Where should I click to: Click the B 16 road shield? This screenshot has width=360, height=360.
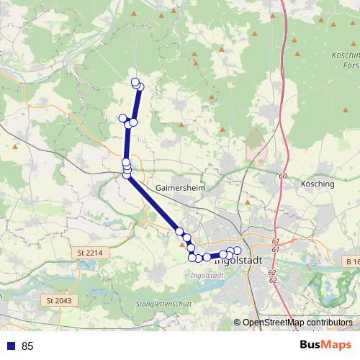[351, 261]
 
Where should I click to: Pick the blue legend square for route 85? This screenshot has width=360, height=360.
[9, 346]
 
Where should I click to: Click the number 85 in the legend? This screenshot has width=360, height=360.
[27, 346]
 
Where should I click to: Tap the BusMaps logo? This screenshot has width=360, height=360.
[325, 346]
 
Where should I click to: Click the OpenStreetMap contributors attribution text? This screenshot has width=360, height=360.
[297, 323]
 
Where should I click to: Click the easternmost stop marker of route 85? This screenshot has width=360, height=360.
[237, 250]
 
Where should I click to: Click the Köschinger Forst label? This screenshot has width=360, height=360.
[346, 60]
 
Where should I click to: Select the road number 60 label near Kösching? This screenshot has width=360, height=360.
[282, 176]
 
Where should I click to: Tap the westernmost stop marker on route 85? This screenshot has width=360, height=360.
[122, 118]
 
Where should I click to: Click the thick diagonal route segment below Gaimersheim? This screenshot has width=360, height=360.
[153, 204]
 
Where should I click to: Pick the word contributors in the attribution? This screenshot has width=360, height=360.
[327, 323]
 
